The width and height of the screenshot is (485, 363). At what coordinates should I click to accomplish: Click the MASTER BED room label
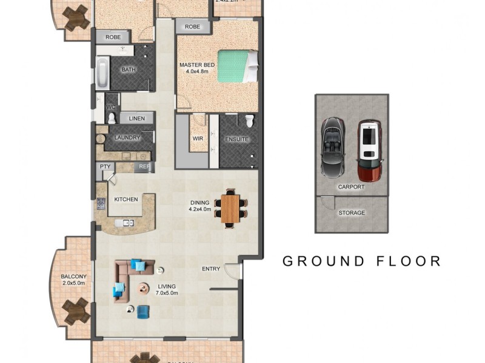197,64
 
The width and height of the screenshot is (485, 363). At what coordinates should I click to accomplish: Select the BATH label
129,70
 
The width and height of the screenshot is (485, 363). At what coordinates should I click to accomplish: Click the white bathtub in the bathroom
101,72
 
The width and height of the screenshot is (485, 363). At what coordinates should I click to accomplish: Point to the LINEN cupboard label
136,119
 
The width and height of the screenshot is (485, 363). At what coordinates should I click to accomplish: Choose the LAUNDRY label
127,138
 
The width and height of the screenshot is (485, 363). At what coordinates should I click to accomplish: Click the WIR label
198,139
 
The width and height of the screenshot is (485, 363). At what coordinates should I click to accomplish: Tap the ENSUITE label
236,139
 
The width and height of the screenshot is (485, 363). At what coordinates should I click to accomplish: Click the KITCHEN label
126,199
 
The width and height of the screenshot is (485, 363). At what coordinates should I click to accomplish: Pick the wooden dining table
230,208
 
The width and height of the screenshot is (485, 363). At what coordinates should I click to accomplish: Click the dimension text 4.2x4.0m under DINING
199,211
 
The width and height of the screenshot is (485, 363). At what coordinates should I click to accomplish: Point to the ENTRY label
212,270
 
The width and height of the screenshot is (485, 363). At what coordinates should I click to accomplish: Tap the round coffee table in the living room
144,288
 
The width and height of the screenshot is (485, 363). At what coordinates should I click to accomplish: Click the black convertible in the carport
332,147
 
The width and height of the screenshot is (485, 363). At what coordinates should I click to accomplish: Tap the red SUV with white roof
369,151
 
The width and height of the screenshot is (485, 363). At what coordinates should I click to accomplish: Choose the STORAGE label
352,213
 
